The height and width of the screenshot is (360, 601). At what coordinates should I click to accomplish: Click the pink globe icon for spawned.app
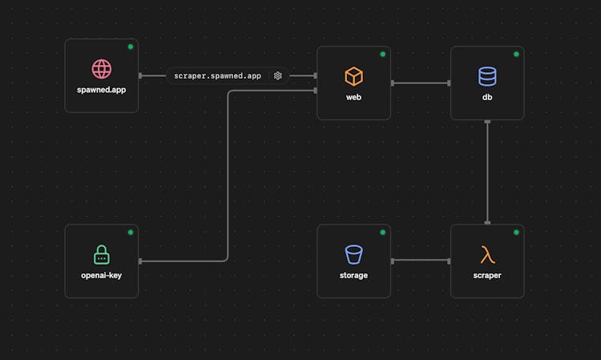point(102,69)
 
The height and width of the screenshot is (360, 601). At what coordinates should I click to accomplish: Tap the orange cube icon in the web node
point(353,76)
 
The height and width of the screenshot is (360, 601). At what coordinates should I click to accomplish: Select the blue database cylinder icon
point(487,76)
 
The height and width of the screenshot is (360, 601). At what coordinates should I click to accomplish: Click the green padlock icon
point(102,255)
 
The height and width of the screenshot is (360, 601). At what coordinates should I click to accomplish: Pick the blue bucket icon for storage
point(353,255)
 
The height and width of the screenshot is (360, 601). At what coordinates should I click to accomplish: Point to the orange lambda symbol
point(487,255)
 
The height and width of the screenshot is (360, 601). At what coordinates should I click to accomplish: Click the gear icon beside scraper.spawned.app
point(277,76)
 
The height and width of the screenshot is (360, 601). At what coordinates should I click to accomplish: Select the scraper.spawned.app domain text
point(217,76)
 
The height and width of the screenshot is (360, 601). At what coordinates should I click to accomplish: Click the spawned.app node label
point(101,90)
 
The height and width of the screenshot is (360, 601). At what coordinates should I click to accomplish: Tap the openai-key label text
point(101,275)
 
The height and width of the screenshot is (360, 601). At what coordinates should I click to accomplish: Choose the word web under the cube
point(353,97)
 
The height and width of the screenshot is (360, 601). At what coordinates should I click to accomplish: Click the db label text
point(487,97)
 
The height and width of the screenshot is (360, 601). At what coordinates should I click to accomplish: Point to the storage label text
point(353,275)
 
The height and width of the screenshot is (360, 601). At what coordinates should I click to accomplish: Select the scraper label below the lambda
point(487,275)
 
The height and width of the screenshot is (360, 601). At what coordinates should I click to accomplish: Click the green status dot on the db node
point(516,54)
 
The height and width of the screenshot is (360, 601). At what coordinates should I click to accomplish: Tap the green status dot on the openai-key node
point(131,233)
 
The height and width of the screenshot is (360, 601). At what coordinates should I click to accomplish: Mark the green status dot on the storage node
point(382,233)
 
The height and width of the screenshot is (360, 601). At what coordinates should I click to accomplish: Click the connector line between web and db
point(421,83)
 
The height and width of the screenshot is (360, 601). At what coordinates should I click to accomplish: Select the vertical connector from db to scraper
point(487,172)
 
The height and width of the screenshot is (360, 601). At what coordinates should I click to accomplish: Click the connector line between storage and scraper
point(421,261)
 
